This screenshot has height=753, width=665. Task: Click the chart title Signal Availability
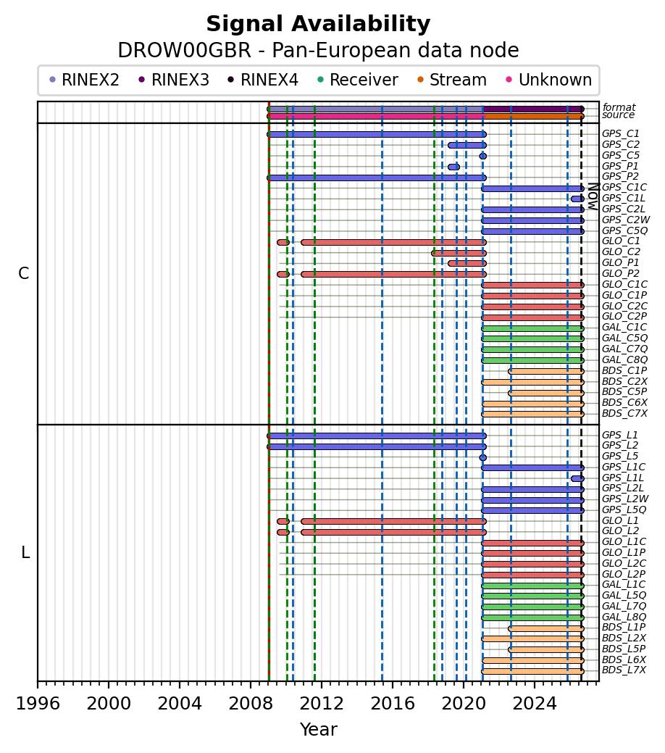318,24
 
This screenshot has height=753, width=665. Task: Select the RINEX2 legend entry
84,80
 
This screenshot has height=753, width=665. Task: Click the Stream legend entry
452,80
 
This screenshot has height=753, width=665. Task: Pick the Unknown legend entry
549,80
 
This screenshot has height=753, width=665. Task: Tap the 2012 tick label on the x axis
322,704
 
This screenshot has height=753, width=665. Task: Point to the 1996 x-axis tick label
38,704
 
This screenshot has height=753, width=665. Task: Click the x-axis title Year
318,730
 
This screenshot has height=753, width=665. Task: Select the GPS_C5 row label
620,156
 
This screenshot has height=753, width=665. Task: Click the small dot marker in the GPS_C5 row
483,156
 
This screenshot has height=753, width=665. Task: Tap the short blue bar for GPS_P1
453,167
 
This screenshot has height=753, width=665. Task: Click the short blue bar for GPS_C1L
577,199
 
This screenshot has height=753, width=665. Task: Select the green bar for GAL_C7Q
532,349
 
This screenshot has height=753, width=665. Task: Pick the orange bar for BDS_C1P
546,371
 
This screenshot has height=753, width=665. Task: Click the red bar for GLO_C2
459,253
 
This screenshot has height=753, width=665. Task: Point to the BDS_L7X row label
624,670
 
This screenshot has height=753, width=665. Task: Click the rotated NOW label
593,196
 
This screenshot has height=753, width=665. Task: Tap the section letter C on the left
23,273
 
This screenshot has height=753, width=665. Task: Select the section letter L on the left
25,553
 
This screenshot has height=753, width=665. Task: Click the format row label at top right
619,107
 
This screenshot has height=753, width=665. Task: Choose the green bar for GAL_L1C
532,586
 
